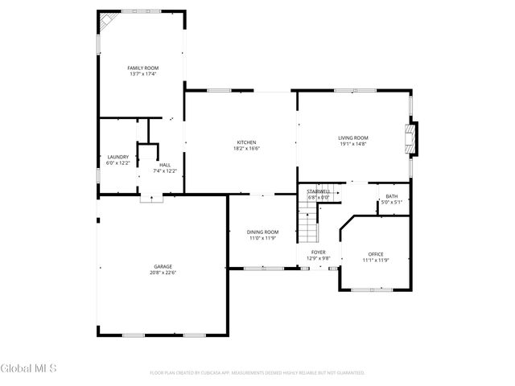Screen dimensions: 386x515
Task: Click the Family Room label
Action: [142, 68]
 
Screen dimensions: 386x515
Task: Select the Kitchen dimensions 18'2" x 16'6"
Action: [246, 148]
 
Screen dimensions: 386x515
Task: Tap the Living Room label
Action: [352, 138]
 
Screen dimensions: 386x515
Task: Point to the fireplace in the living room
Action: [412, 138]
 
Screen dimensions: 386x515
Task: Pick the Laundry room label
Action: [117, 157]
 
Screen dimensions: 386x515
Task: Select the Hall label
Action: [164, 165]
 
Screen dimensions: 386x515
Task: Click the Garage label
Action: [163, 266]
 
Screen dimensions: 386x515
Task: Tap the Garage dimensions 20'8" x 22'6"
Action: [163, 273]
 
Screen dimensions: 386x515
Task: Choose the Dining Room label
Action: [262, 232]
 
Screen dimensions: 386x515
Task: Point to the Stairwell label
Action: [319, 191]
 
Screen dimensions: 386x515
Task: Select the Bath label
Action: [391, 197]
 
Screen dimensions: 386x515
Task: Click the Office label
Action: [376, 253]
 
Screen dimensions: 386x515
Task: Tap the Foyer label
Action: [319, 252]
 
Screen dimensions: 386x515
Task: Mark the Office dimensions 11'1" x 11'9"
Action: [376, 260]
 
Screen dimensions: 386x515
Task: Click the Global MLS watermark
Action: [29, 368]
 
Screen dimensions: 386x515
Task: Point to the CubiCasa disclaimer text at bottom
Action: [257, 373]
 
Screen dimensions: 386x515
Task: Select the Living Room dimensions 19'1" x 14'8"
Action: [352, 144]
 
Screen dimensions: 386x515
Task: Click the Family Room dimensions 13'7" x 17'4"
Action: [142, 74]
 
